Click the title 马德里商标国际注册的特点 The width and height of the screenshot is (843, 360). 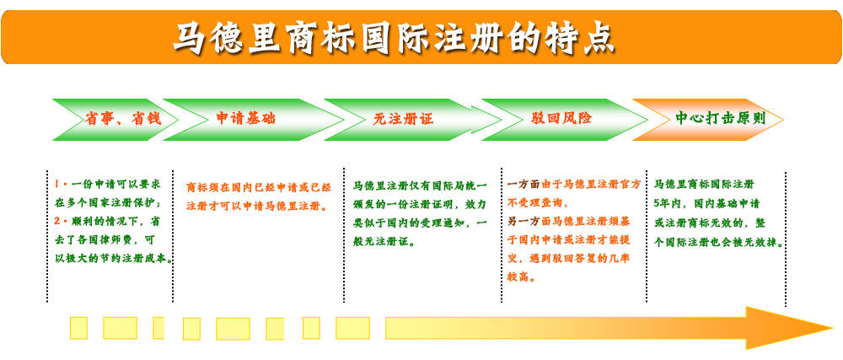coord(394,37)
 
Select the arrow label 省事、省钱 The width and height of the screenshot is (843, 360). coord(123,119)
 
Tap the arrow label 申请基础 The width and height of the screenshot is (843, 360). coord(246,118)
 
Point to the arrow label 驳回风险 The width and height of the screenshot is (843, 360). coord(561,118)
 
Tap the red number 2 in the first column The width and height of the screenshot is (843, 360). coord(58,220)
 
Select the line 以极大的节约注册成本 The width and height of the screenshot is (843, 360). coord(114,259)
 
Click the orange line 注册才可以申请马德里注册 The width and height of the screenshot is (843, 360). coord(256,206)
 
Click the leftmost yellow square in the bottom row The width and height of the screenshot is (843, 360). coord(78,328)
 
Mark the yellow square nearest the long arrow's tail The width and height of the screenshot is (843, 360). coord(352,328)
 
